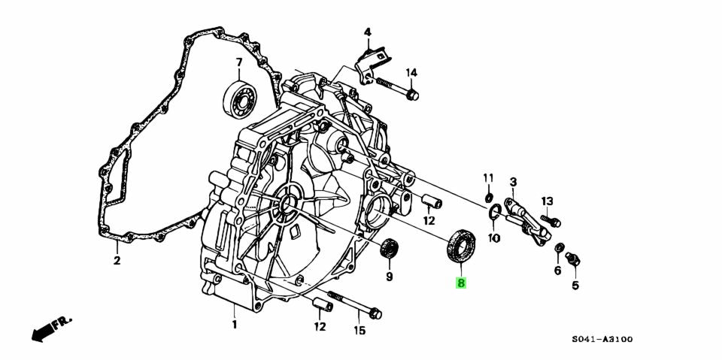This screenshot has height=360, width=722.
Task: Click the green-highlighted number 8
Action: (x=461, y=283)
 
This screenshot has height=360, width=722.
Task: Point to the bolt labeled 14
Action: (x=396, y=86)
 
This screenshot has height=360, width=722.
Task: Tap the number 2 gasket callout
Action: (x=117, y=262)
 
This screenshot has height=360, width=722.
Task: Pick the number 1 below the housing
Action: (x=234, y=325)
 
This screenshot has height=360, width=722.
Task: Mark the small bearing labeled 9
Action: (x=390, y=250)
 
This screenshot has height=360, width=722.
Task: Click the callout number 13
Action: (x=547, y=201)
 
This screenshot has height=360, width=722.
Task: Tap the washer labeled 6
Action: (x=559, y=249)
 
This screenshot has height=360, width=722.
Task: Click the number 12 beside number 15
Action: (x=320, y=326)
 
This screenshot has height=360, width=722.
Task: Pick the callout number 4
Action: (x=368, y=32)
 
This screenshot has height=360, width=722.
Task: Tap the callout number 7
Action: (x=238, y=62)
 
